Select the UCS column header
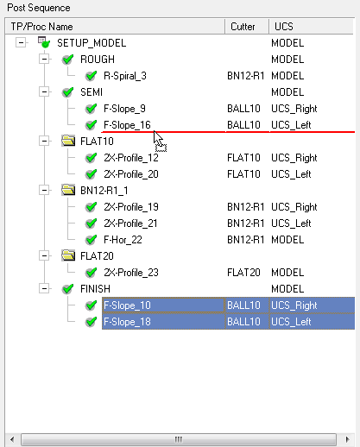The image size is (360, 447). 311,27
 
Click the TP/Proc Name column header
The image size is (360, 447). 115,27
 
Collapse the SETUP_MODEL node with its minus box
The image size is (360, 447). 21,43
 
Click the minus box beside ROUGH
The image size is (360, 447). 44,60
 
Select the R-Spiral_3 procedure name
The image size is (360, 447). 125,76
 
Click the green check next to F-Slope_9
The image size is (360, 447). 92,109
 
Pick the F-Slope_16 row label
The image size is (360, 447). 127,125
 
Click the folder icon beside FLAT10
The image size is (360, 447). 68,141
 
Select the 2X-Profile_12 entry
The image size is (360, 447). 131,158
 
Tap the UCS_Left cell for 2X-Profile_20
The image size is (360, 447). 291,174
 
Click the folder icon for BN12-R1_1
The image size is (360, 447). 68,190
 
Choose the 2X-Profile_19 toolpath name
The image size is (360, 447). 131,207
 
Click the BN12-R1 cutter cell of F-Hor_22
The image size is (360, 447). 246,240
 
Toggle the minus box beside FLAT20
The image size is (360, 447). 44,255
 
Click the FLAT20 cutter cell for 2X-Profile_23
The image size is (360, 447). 243,273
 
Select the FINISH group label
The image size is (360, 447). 95,289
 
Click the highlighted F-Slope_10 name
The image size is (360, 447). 127,305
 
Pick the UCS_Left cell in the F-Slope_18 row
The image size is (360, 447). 291,322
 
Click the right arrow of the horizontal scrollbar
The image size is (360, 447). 347,439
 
